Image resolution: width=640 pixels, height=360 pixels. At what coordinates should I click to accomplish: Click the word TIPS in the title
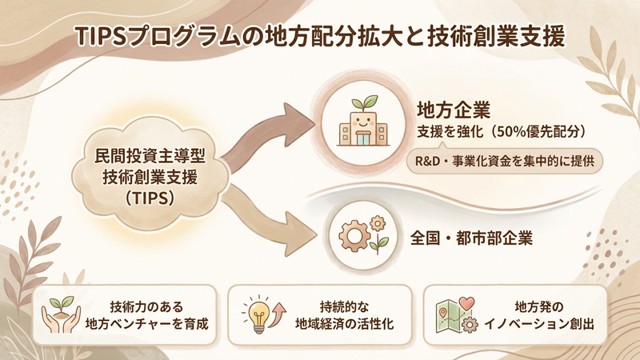click(x=101, y=37)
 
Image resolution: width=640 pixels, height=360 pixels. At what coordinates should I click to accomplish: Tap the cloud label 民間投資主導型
click(x=150, y=156)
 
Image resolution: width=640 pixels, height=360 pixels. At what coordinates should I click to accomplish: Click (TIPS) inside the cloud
click(x=150, y=198)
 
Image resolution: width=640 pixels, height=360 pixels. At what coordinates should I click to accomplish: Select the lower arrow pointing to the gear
click(x=269, y=221)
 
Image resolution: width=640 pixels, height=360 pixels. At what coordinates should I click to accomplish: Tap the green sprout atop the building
click(x=365, y=102)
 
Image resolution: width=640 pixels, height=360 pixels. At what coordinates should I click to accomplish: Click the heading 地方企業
click(x=454, y=110)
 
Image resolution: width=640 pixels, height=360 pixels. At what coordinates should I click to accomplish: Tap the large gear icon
click(x=354, y=235)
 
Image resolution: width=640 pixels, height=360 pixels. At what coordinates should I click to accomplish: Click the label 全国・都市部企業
click(x=471, y=238)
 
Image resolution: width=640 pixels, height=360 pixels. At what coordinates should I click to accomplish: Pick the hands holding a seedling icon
click(x=62, y=314)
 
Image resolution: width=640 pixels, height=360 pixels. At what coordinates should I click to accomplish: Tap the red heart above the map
click(x=466, y=304)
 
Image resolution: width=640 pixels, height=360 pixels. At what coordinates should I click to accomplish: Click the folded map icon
click(x=449, y=317)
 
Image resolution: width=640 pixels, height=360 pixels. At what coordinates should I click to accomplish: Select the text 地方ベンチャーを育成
click(x=146, y=324)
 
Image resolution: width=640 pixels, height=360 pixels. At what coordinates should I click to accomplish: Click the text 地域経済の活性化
click(x=344, y=324)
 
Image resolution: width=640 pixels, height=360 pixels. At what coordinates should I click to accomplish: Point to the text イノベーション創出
click(x=538, y=324)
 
